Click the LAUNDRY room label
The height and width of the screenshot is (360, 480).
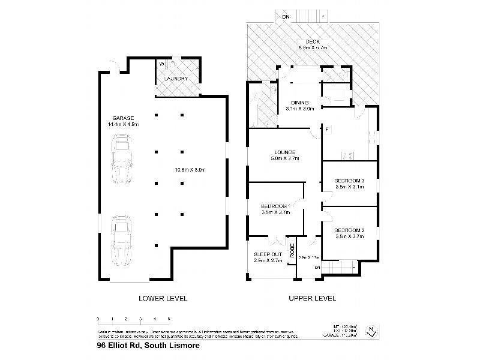(x=176, y=79)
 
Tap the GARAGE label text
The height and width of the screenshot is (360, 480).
(x=122, y=118)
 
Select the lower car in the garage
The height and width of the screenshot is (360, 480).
(x=122, y=240)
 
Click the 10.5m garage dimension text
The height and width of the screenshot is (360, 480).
(x=190, y=170)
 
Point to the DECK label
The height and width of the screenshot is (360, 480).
(x=311, y=41)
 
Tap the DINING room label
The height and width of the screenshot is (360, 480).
(x=299, y=101)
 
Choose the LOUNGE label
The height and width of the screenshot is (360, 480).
(x=285, y=151)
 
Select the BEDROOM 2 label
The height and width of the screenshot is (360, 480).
(x=349, y=230)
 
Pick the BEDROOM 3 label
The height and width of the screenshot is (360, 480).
(x=349, y=180)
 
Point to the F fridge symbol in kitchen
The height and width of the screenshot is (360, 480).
(x=327, y=130)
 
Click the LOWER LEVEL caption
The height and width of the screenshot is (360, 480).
(x=163, y=298)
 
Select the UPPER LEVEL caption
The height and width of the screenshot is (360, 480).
(x=313, y=298)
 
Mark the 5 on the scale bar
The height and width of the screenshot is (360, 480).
(x=169, y=319)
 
